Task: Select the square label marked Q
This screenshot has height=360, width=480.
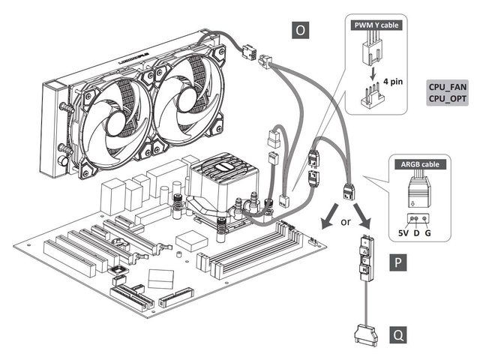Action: [x=399, y=334]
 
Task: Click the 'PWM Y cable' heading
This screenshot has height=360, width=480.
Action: [x=376, y=25]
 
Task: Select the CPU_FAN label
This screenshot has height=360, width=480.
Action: [x=447, y=86]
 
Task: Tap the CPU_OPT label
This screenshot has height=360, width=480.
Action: [x=447, y=98]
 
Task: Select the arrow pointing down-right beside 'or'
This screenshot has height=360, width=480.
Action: [x=366, y=221]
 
